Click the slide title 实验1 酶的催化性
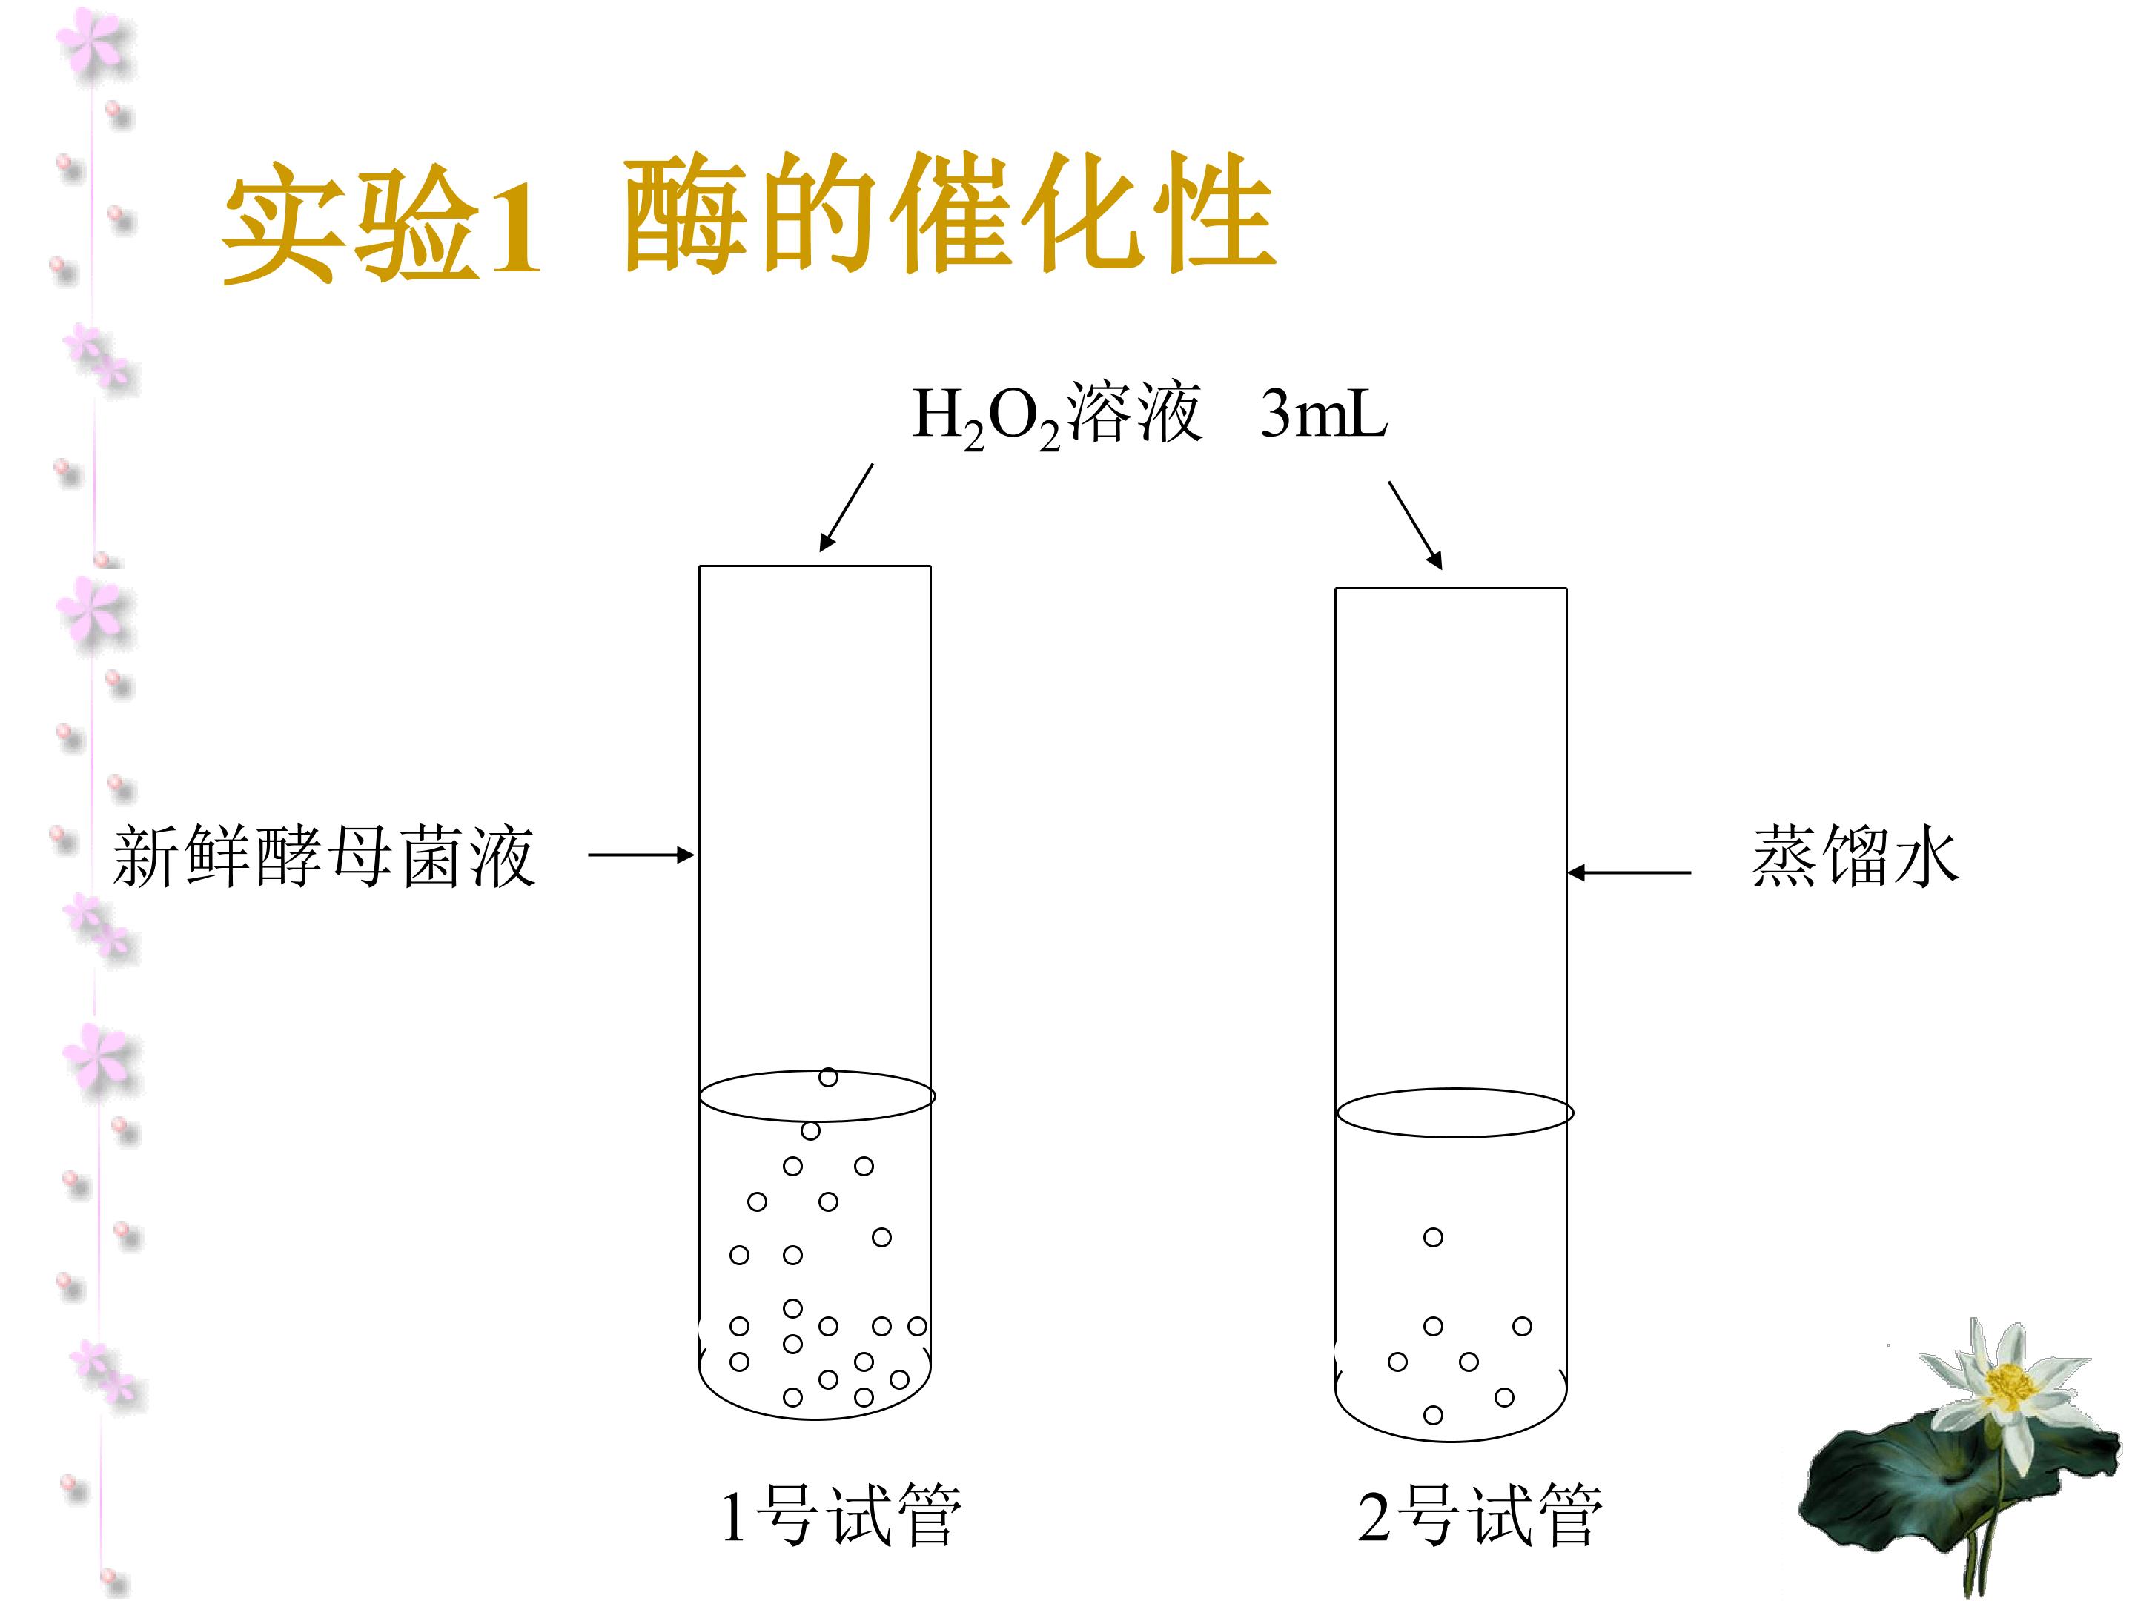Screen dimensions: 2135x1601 point(748,218)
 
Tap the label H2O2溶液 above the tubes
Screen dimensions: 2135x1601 point(1057,415)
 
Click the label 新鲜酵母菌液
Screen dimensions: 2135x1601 point(324,855)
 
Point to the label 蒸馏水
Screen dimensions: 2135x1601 point(1854,855)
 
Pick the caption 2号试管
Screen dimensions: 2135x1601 point(1480,1515)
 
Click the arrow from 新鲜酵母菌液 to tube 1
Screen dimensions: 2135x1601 point(642,855)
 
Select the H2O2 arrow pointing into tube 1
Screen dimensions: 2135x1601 point(847,508)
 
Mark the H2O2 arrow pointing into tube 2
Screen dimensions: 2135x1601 point(1416,525)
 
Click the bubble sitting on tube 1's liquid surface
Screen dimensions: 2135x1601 point(828,1077)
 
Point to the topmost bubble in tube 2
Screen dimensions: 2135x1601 point(1433,1237)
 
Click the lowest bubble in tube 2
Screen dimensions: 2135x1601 point(1433,1415)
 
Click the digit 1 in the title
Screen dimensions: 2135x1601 point(512,228)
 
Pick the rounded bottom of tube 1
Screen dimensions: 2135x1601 point(815,1419)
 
